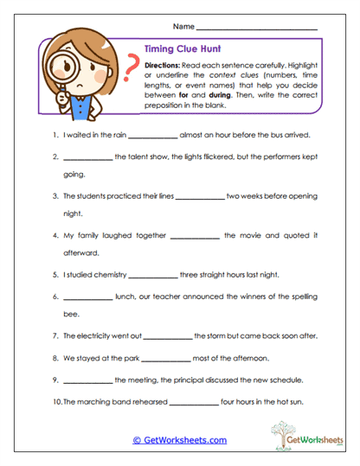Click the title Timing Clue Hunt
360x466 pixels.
[178, 51]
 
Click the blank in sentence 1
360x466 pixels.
[153, 137]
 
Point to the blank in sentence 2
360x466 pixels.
[88, 158]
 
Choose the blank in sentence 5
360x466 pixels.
[152, 276]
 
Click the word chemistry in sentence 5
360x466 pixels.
[109, 275]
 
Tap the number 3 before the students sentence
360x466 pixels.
[55, 196]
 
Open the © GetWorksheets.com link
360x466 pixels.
[179, 440]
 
